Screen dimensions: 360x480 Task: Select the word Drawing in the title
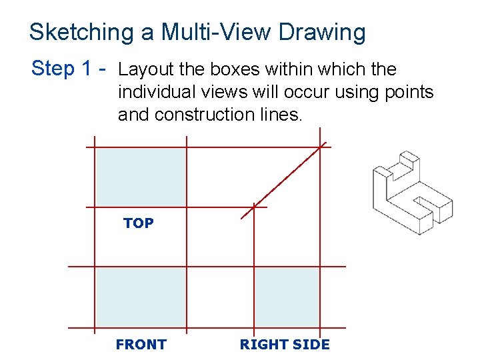point(323,33)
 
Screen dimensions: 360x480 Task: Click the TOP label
point(138,223)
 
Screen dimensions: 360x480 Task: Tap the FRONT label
point(141,345)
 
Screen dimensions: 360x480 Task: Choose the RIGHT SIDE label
point(285,345)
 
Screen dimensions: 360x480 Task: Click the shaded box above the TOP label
point(140,177)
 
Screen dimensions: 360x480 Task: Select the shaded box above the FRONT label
point(140,297)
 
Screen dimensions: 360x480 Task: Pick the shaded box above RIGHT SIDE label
point(287,297)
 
